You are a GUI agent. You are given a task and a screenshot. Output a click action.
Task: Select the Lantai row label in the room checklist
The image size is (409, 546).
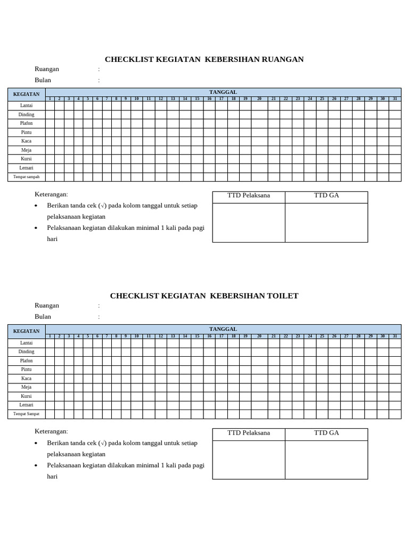27,106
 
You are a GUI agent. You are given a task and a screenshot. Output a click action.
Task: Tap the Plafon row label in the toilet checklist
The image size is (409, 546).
27,361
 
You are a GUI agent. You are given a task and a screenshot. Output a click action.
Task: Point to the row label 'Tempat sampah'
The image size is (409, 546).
27,176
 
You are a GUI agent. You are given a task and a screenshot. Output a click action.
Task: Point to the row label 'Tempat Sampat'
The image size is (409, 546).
27,414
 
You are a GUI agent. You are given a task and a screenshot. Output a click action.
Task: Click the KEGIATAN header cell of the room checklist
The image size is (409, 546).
27,94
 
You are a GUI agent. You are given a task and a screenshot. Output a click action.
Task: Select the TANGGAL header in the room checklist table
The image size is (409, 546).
223,92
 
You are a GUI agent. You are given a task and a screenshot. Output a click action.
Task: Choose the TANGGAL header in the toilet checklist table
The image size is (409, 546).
223,329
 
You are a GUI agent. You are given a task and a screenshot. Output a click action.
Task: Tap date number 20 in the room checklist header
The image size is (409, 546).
259,99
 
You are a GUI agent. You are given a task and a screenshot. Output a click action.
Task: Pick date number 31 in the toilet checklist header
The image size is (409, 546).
395,336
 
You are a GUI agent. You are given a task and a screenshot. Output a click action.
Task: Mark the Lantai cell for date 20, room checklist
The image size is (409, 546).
259,106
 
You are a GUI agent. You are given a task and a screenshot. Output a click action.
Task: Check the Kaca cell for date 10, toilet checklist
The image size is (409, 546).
136,379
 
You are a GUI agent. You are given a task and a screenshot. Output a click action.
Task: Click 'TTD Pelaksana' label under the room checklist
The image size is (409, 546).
249,196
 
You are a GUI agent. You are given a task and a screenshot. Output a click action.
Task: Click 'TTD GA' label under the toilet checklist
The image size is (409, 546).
326,433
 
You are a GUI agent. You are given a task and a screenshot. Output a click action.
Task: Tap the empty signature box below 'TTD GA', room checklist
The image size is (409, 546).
326,223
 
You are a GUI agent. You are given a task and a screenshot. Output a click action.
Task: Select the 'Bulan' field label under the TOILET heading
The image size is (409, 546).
43,317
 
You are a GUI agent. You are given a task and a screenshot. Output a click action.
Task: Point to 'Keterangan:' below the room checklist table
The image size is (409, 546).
51,195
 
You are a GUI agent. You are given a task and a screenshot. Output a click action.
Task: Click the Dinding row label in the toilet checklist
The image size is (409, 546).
27,352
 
